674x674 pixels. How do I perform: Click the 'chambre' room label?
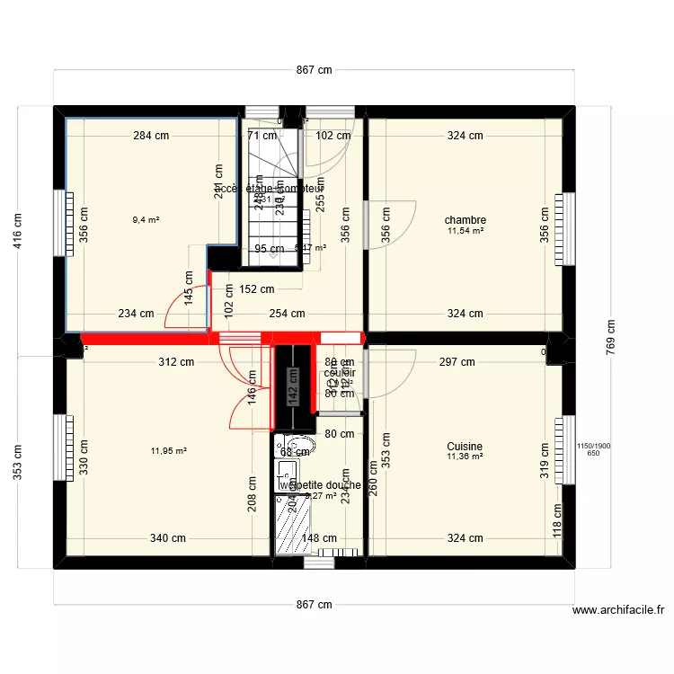[466, 220]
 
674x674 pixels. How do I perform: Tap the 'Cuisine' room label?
[465, 447]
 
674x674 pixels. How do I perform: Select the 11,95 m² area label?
[169, 451]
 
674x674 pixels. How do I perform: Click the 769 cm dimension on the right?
[610, 338]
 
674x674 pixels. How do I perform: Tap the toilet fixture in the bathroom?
[296, 446]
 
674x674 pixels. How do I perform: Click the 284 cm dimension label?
[151, 137]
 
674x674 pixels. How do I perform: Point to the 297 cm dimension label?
[457, 362]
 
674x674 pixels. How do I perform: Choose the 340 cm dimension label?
[168, 539]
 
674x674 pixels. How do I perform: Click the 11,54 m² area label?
[466, 232]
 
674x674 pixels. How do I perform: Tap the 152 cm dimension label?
[257, 289]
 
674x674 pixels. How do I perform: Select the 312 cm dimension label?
[176, 362]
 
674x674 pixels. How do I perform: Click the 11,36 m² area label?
[465, 457]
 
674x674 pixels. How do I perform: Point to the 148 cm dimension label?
[319, 540]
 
